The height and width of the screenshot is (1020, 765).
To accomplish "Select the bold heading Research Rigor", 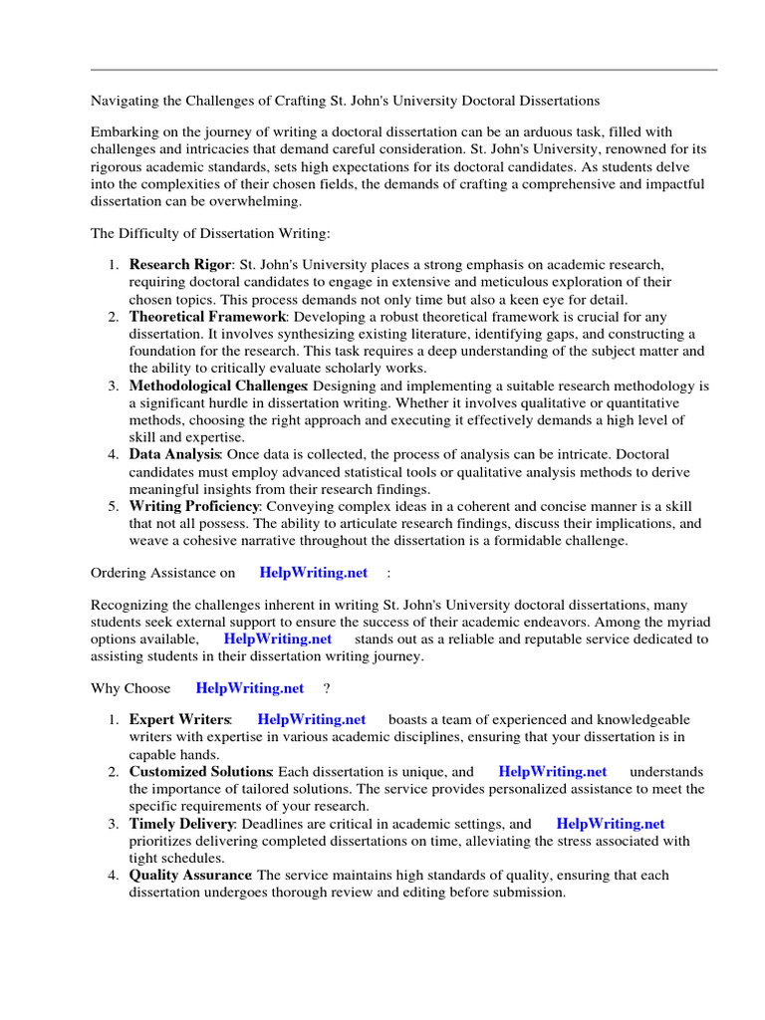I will [x=179, y=265].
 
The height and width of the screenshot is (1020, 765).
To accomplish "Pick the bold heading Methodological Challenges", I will [x=216, y=385].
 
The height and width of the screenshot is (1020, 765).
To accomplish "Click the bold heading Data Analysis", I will [x=174, y=454].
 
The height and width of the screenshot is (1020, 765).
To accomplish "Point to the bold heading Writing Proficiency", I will [x=194, y=506].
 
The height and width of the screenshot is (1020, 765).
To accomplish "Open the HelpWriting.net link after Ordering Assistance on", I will [x=313, y=573].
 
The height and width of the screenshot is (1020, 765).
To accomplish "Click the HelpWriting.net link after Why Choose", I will [x=250, y=688].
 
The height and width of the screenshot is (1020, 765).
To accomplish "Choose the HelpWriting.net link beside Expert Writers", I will [x=311, y=719].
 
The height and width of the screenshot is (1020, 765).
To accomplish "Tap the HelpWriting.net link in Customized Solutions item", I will [x=552, y=771].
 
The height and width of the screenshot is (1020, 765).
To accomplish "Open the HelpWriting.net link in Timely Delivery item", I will [x=610, y=824].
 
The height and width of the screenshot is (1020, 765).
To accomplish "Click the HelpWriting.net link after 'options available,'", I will [x=278, y=638].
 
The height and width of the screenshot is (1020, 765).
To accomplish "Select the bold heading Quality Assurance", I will [x=190, y=876].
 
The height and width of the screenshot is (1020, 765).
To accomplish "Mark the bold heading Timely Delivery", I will [x=181, y=824].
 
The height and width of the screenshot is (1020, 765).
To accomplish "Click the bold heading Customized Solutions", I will [x=200, y=771].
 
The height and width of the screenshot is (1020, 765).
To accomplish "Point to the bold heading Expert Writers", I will [x=179, y=719].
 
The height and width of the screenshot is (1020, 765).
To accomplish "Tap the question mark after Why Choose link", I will [x=327, y=688].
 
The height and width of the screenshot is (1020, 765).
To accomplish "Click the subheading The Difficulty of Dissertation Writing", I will [x=210, y=234].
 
